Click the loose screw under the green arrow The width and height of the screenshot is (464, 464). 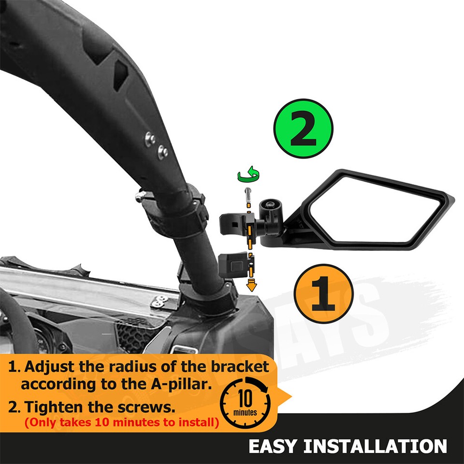tap(248, 195)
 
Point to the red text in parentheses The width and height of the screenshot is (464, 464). tap(121, 422)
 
